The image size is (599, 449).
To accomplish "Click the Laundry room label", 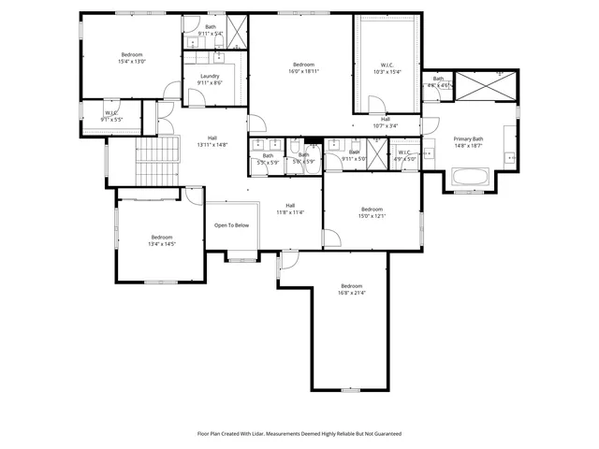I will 209,77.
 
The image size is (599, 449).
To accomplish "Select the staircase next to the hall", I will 155,161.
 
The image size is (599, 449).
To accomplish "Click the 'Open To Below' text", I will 231,225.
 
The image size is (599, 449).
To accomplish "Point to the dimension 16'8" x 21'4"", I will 351,293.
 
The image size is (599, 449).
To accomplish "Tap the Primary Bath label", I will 469,139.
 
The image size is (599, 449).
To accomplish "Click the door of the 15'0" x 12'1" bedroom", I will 330,236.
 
